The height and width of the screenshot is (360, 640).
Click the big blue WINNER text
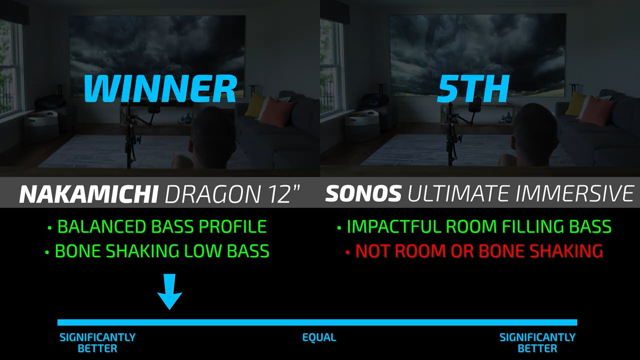(x=160, y=88)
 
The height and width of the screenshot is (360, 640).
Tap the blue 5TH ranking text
(x=473, y=88)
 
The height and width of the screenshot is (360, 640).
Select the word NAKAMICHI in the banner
(x=88, y=193)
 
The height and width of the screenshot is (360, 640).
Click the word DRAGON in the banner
(x=213, y=193)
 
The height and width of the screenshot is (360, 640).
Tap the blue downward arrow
(x=169, y=291)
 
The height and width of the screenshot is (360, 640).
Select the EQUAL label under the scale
(x=319, y=337)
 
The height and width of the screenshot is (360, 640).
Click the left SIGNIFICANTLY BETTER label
(x=97, y=343)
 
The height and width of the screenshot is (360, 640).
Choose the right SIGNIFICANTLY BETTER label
(x=537, y=343)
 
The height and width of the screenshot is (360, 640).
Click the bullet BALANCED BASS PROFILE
(x=157, y=226)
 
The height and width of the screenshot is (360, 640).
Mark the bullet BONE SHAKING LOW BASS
(x=157, y=251)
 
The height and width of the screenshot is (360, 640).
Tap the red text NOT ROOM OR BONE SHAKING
(x=474, y=251)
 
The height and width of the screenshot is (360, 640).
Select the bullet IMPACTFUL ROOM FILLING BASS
(x=474, y=226)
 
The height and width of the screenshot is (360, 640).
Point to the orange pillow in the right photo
(x=595, y=110)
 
